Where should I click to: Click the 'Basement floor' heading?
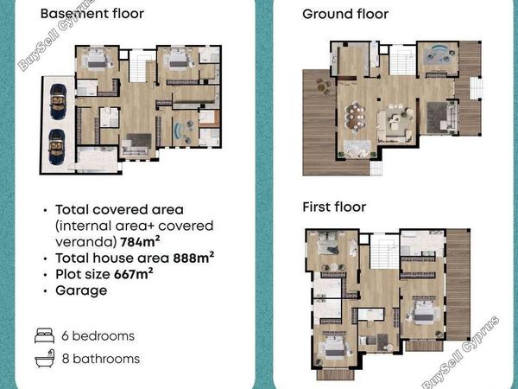pos(92,14)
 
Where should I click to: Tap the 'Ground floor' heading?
pos(345,14)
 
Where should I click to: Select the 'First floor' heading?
pos(334,207)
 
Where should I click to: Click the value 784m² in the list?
pos(140,242)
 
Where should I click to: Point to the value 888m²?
pos(193,258)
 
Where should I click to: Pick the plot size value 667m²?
pos(134,274)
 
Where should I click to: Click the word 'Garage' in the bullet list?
pos(81,290)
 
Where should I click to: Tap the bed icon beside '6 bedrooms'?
pos(45,335)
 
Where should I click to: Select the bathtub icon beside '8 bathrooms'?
pos(45,358)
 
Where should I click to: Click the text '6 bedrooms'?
pos(98,336)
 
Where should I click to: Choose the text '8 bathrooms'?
pos(101,359)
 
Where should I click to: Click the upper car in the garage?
pos(58,101)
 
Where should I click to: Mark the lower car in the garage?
pos(57,147)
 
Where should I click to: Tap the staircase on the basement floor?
pos(137,67)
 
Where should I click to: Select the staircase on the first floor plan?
pos(384,252)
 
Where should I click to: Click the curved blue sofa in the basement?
pos(179,131)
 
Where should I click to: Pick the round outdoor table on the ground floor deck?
pos(322,87)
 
